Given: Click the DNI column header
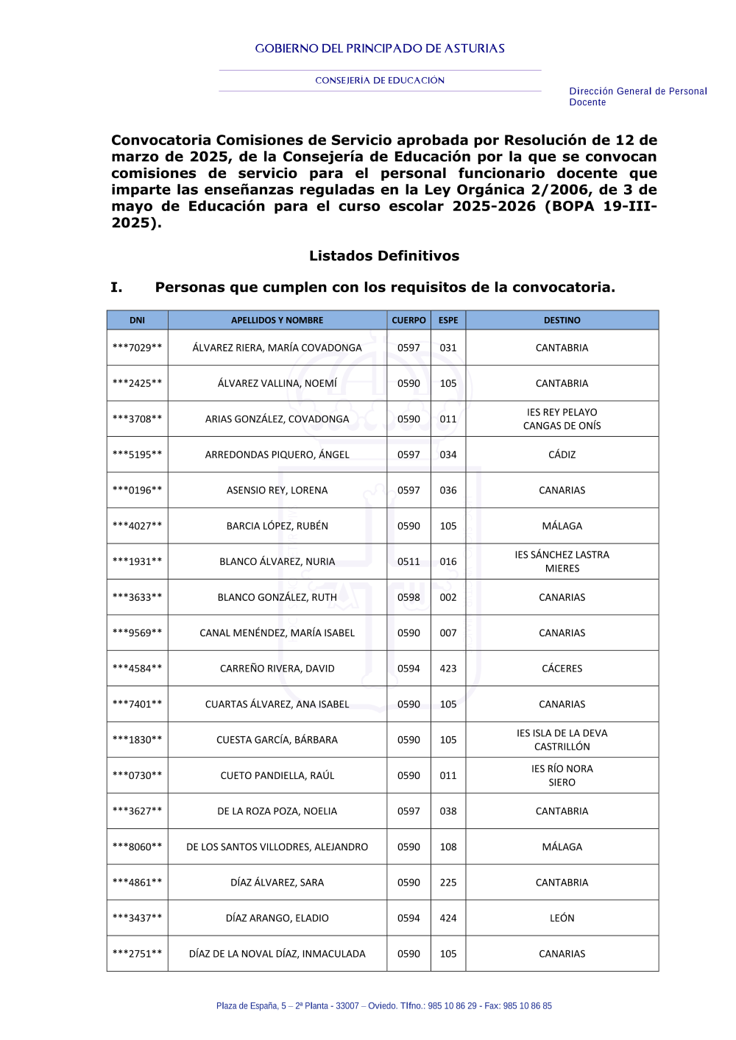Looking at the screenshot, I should point(137,320).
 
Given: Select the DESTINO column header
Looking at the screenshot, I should point(562,320).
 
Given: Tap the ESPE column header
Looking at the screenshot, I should point(447,320).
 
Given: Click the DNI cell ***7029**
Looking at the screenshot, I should point(137,348).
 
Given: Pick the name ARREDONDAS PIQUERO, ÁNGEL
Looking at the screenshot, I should point(277,455).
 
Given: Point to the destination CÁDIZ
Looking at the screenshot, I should point(562,455).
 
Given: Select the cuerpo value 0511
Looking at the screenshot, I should point(408,561).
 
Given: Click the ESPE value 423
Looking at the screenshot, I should point(447,669).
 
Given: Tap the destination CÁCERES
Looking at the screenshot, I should point(562,669).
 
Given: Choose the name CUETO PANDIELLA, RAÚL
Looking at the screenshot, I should point(277,775).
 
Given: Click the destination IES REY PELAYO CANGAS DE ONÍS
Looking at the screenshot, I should point(562,419).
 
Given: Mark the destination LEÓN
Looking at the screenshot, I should point(562,918).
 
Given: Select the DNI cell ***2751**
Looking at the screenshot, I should point(137,954).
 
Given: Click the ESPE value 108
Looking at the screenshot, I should point(447,847).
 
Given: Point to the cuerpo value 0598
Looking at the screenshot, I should point(408,597).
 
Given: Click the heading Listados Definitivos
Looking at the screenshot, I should point(383,256).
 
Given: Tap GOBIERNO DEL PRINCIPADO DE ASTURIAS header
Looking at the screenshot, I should point(380,49).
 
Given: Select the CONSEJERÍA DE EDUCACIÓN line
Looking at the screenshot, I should point(380,80).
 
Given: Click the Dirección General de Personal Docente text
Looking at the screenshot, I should point(637,96).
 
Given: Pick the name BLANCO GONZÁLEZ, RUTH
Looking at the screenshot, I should point(277,597).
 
